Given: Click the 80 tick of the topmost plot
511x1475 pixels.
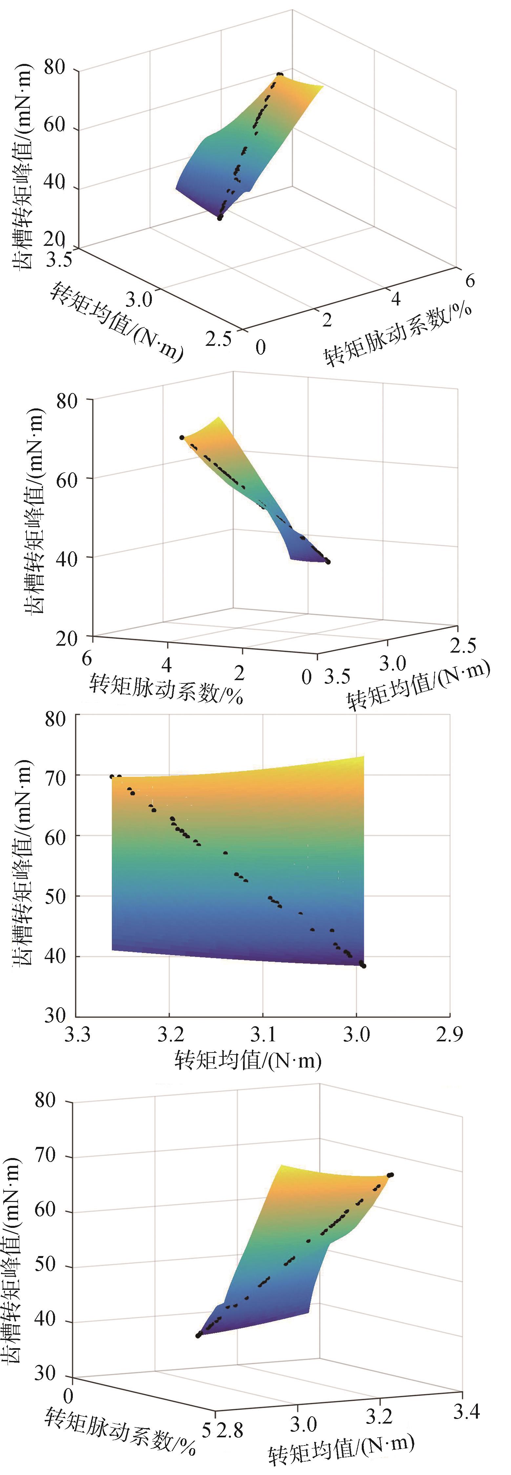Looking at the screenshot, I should [54, 68].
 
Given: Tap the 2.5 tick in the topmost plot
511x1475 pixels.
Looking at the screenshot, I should [219, 339].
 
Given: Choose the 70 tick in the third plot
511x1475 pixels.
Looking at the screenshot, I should [55, 777].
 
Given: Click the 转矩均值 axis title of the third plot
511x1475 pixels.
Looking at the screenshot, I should [248, 1060].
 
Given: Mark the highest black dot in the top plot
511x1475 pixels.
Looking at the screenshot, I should [279, 74].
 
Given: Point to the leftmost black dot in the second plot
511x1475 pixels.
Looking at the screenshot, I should [182, 438].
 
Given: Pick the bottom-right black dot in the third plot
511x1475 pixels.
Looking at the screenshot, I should [364, 966].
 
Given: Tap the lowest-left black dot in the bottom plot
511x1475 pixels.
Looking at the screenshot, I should [198, 1335].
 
